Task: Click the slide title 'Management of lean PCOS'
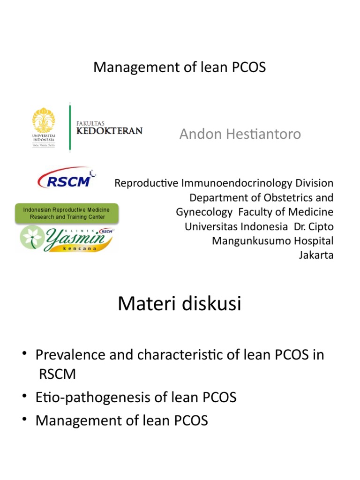tap(180, 67)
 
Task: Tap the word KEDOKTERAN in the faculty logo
tap(109, 131)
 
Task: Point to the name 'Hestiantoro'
tap(268, 135)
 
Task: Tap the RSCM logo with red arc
tap(64, 178)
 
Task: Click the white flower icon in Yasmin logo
tap(33, 238)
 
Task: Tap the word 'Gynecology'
tap(204, 212)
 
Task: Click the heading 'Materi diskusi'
tap(179, 303)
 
